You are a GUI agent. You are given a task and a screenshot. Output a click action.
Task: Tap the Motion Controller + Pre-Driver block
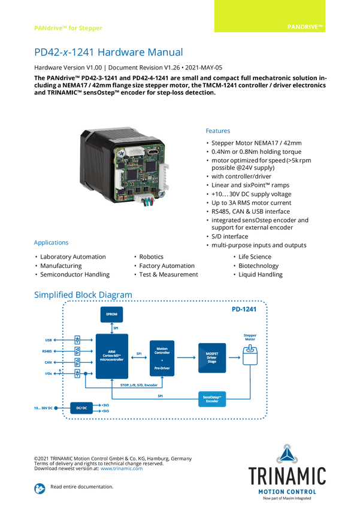click(x=162, y=357)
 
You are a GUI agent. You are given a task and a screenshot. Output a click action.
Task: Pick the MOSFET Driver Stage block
click(x=212, y=357)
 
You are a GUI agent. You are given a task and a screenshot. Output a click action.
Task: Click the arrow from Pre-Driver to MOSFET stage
click(x=187, y=357)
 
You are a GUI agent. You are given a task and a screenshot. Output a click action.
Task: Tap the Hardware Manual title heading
click(x=108, y=53)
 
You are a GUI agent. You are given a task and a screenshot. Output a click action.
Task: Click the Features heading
click(x=219, y=131)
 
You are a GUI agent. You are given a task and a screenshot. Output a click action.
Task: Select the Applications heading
click(x=51, y=243)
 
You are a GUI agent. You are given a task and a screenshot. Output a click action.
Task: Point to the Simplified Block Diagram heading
click(x=83, y=294)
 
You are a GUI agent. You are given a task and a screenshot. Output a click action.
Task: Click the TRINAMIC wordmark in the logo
click(x=288, y=476)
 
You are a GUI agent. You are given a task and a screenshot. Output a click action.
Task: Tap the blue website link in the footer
click(x=122, y=468)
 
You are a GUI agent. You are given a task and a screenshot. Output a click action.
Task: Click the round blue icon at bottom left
click(x=39, y=488)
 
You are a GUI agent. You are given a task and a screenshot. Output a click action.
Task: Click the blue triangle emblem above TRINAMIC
click(x=288, y=453)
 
